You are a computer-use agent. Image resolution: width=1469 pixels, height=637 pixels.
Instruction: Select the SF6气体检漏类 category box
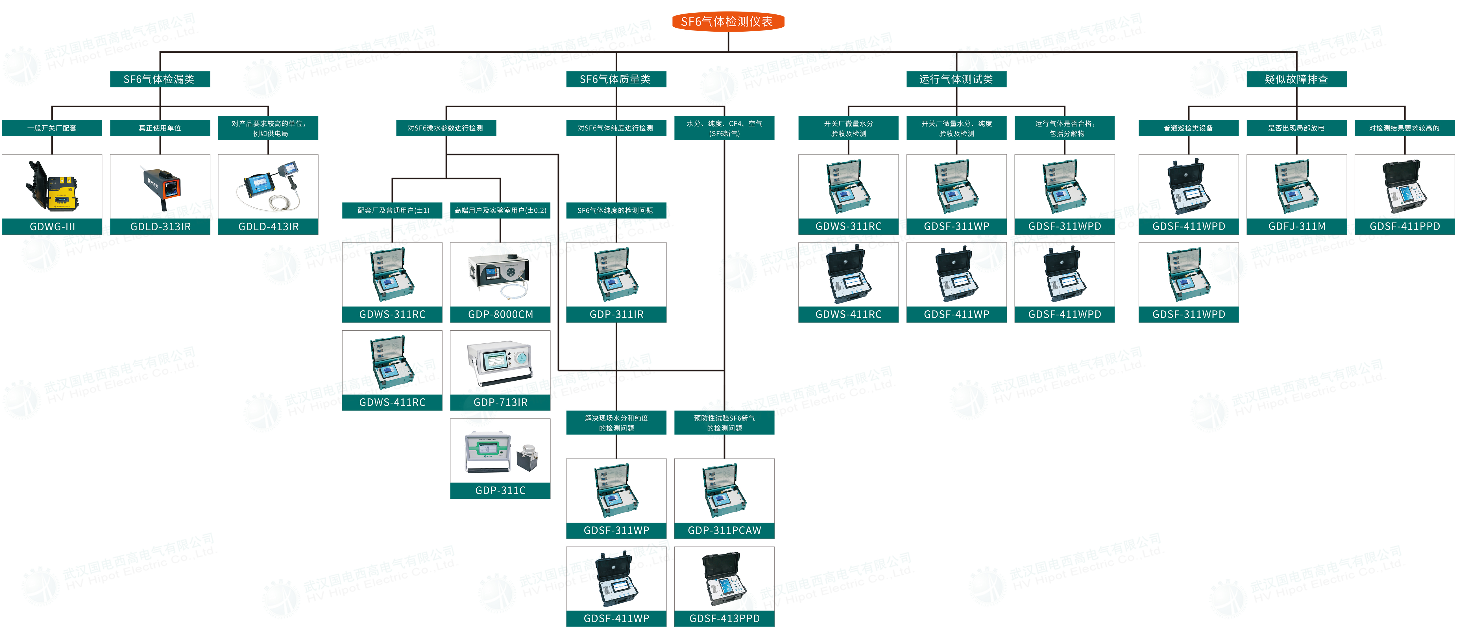coord(160,79)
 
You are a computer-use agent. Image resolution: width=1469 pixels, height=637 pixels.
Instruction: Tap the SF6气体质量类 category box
coord(616,79)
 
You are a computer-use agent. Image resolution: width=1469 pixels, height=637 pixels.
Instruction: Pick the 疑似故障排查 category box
coord(1296,79)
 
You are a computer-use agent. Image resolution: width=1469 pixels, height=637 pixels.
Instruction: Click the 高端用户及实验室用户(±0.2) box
coord(500,210)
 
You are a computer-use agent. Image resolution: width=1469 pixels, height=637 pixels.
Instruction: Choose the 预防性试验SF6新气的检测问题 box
coord(724,423)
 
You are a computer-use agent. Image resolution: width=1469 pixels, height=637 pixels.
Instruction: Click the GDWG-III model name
coord(52,226)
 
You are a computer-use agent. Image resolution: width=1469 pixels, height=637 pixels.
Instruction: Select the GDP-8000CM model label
coord(500,314)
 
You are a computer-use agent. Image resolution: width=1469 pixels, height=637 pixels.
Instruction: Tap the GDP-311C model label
coord(500,490)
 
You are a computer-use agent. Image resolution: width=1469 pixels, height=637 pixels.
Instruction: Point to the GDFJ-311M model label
coord(1296,226)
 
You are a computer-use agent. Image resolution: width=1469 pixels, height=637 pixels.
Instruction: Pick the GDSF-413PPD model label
coord(724,618)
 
